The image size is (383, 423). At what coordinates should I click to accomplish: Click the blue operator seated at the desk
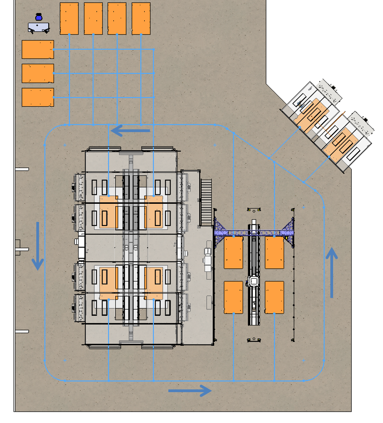pyautogui.click(x=39, y=18)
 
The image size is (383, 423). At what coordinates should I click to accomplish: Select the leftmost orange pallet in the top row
pyautogui.click(x=69, y=19)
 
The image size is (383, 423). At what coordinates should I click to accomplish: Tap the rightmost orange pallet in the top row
pyautogui.click(x=141, y=19)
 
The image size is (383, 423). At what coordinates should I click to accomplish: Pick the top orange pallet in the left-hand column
pyautogui.click(x=38, y=49)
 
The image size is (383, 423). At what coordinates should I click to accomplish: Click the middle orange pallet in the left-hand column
pyautogui.click(x=38, y=74)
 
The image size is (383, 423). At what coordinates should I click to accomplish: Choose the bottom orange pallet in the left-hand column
pyautogui.click(x=38, y=97)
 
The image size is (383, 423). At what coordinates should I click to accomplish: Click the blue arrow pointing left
pyautogui.click(x=130, y=131)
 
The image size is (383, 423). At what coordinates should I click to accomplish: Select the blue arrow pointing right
pyautogui.click(x=190, y=390)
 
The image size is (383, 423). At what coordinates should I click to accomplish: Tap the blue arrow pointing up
pyautogui.click(x=332, y=272)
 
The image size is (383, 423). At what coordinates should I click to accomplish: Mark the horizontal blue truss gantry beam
pyautogui.click(x=254, y=233)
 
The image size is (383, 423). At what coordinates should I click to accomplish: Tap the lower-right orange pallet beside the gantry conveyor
pyautogui.click(x=275, y=297)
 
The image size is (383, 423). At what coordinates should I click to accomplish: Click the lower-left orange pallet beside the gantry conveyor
pyautogui.click(x=234, y=297)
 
